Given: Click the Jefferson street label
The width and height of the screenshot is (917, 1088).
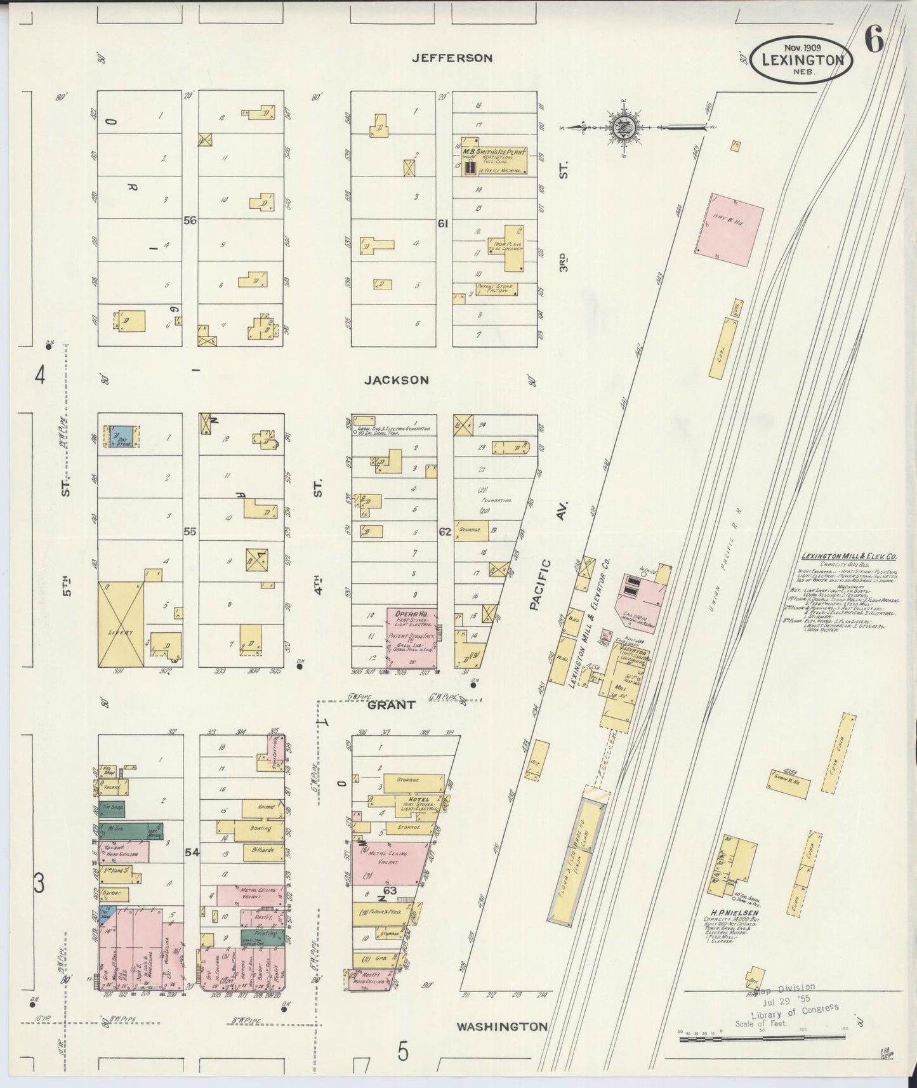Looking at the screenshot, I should (x=452, y=58).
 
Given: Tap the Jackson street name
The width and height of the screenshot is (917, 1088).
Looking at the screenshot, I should (x=397, y=380).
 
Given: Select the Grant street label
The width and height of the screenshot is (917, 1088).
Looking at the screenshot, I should (x=392, y=705).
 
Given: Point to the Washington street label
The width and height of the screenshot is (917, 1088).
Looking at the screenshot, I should (x=501, y=1026).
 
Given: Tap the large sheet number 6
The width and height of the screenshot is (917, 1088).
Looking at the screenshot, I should (x=874, y=42).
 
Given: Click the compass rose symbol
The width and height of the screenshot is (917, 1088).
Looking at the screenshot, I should (x=620, y=127).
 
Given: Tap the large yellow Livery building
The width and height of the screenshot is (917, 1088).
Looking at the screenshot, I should (x=121, y=623).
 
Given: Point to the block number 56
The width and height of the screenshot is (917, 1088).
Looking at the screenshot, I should (x=190, y=221).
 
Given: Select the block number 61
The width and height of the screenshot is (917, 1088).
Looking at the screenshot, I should (x=443, y=223).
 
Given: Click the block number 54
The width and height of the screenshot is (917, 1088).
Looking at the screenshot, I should (x=192, y=853).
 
